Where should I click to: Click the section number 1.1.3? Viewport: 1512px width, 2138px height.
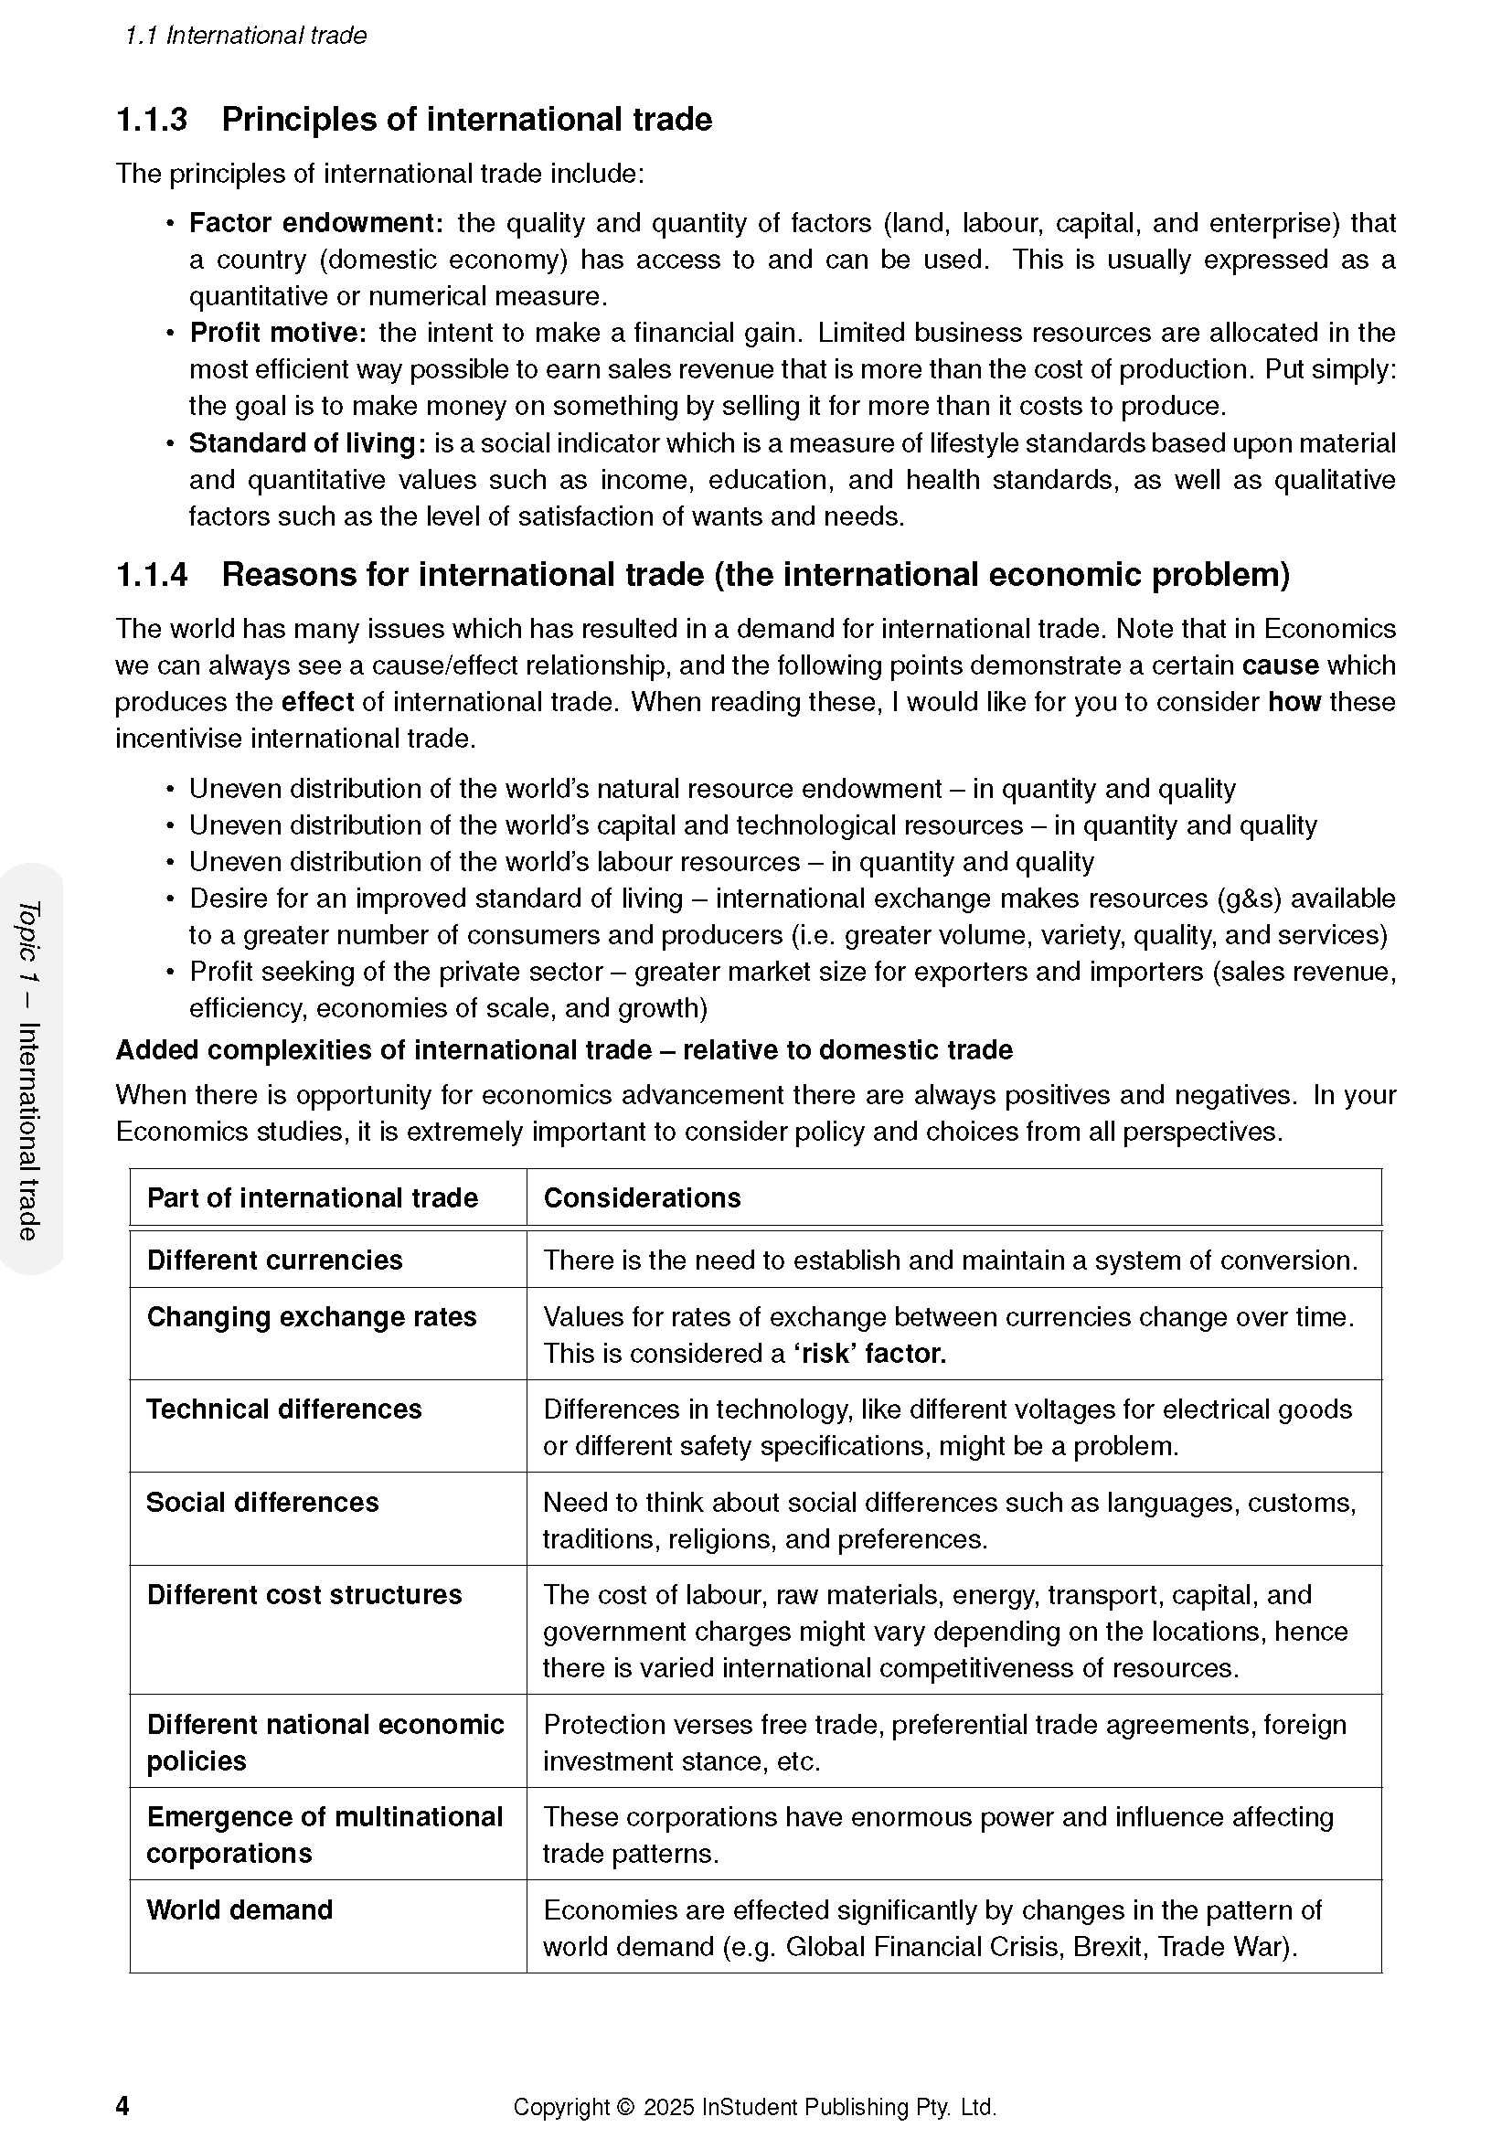tap(152, 120)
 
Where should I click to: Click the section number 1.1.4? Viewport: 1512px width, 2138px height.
tap(152, 576)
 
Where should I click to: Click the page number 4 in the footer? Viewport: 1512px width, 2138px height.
tap(122, 2105)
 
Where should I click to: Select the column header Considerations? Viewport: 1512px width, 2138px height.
tap(642, 1197)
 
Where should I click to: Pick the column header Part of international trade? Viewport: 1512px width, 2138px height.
tap(312, 1197)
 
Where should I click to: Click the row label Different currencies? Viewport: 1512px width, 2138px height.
tap(274, 1260)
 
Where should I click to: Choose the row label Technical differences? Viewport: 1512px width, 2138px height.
tap(284, 1409)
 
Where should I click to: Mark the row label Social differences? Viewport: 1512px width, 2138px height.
tap(262, 1502)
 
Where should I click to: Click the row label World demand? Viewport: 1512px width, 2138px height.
tap(240, 1909)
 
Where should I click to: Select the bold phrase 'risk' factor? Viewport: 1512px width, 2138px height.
tap(869, 1353)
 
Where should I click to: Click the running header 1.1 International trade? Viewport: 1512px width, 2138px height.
tap(246, 36)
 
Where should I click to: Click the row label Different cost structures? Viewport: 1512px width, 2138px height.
tap(304, 1594)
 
